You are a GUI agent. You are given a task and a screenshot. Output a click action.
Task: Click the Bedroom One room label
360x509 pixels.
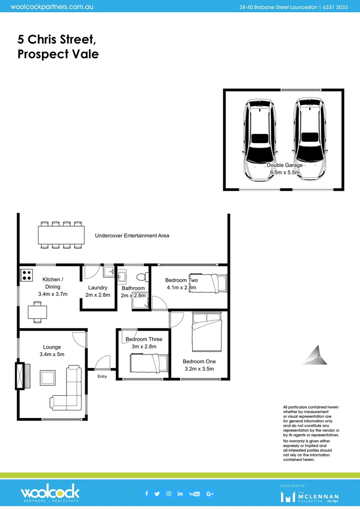pos(198,361)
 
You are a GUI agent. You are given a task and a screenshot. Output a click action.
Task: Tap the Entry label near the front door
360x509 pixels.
pos(102,377)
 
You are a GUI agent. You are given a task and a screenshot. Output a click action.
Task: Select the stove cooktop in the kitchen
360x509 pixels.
pos(25,274)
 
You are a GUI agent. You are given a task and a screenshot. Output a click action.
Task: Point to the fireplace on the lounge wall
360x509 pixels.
pos(19,376)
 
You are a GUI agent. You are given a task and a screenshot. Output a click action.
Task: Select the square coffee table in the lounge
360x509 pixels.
pos(48,378)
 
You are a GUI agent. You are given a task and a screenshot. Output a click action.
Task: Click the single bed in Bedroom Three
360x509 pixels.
pos(148,363)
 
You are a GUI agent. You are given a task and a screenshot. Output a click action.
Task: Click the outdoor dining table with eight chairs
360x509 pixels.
pos(62,234)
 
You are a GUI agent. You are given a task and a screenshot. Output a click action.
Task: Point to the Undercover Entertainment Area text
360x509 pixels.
pos(132,236)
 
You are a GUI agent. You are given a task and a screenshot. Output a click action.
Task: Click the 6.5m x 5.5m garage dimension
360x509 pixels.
pos(285,173)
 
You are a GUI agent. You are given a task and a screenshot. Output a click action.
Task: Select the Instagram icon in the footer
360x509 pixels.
pos(169,493)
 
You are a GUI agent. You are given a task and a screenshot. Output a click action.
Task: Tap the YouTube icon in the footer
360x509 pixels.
pos(194,493)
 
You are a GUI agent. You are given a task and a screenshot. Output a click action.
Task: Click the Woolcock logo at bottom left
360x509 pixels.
pos(50,493)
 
